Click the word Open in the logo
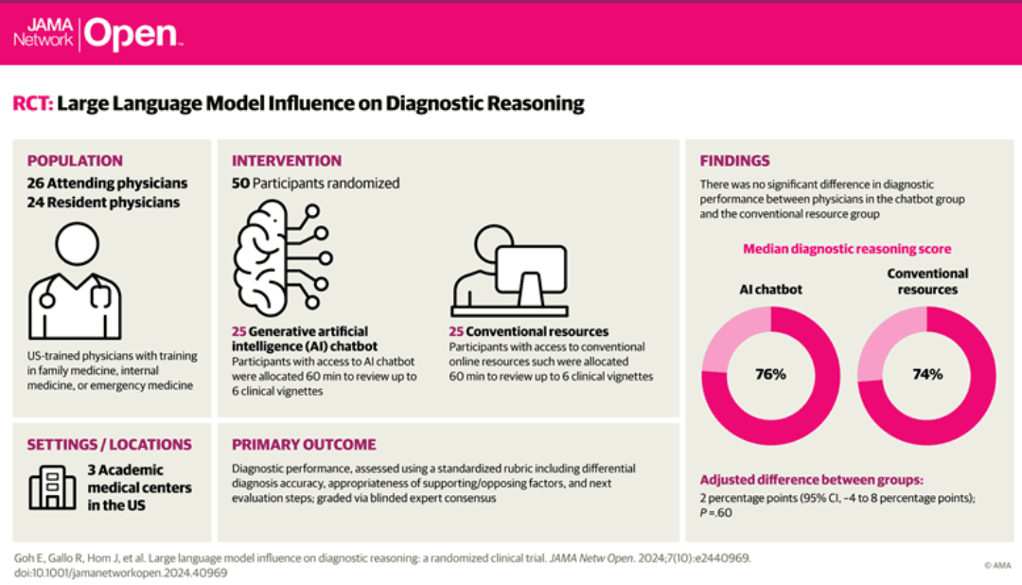tap(131, 35)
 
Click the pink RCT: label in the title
tap(32, 103)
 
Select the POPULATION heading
tap(75, 160)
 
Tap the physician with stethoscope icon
tap(75, 280)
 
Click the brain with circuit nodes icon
tap(283, 257)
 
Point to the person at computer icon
tap(509, 272)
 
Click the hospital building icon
tap(52, 487)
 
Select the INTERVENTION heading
tap(286, 160)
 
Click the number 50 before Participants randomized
tap(240, 184)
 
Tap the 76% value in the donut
tap(770, 374)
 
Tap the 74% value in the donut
tap(927, 374)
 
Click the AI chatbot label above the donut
tap(770, 290)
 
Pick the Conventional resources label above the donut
tap(927, 281)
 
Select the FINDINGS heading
tap(734, 160)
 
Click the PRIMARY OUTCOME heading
tap(304, 444)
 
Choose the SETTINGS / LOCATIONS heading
tap(109, 444)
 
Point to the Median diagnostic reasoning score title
tap(847, 248)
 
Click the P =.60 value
tap(715, 513)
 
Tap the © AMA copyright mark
tap(997, 565)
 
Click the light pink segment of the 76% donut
tap(730, 333)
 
